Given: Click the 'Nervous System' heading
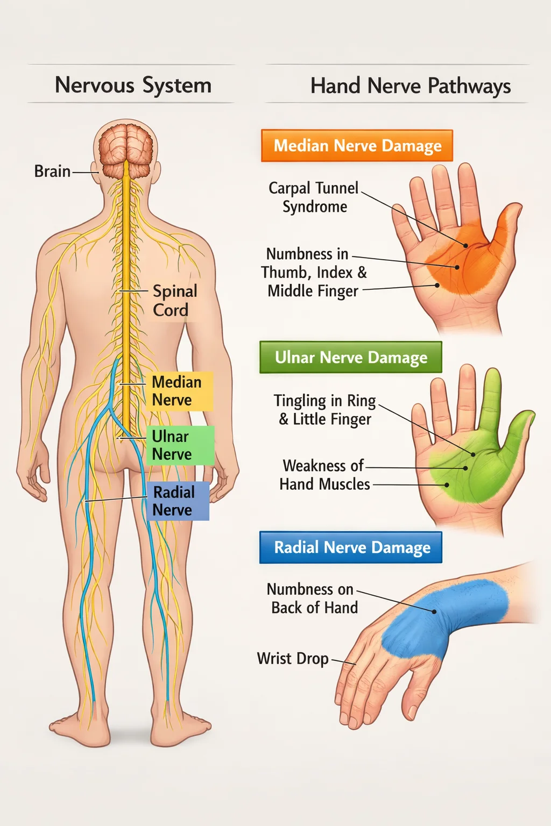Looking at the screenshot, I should (x=133, y=85).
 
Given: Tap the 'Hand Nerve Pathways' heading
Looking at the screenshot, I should (x=410, y=86).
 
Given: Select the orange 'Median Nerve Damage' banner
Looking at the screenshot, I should (x=357, y=146).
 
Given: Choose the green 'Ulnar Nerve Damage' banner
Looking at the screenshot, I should (x=351, y=357).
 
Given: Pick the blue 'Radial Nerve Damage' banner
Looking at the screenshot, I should (x=351, y=547).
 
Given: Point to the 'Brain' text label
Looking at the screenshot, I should (x=52, y=171).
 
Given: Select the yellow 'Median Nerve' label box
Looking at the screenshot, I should (x=179, y=391).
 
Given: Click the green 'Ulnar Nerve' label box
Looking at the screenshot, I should (x=180, y=445).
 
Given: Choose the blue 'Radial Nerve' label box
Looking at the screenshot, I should (x=178, y=501).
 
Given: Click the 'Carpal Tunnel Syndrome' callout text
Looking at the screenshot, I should (x=314, y=197).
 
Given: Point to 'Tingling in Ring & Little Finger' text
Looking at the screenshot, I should (x=325, y=409).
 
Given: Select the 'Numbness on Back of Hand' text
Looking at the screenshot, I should (x=313, y=598).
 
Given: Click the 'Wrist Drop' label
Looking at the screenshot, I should (x=293, y=658).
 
